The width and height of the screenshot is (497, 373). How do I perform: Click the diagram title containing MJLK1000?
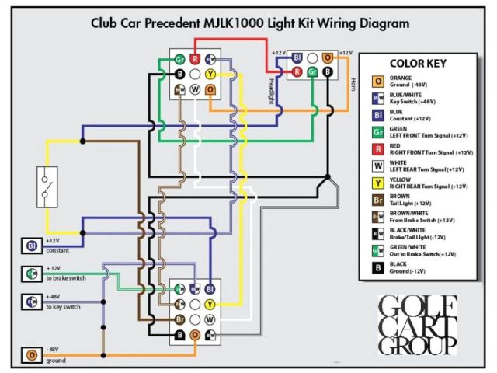(249, 23)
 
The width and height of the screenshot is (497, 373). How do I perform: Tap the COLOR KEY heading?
(417, 64)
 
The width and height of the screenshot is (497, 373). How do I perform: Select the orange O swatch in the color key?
(378, 81)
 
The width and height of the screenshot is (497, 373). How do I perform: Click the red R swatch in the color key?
(378, 148)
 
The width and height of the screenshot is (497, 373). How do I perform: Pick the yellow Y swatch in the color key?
(378, 183)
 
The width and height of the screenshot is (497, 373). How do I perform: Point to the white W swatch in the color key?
(378, 166)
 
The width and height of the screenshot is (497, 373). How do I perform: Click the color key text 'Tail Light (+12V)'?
(415, 204)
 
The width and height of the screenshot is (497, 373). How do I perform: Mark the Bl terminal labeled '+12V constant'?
(33, 246)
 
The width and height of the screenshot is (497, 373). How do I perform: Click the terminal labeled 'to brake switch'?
(33, 274)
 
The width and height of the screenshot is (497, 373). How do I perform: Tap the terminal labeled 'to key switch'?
(33, 300)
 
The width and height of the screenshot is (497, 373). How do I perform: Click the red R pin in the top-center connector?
(195, 59)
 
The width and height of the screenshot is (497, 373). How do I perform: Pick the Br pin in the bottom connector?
(179, 319)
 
